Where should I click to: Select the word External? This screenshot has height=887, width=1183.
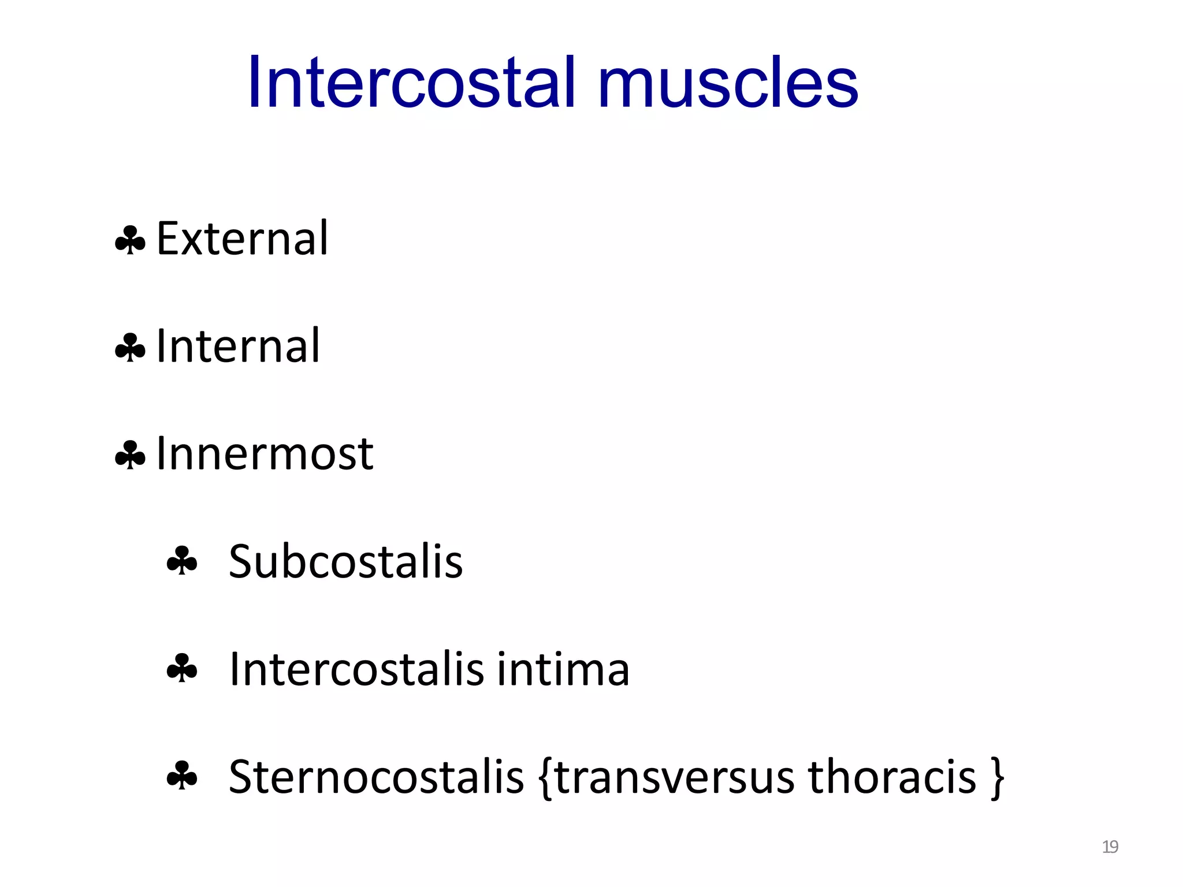click(243, 238)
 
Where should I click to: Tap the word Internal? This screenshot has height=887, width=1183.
click(238, 346)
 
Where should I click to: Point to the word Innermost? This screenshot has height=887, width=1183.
click(265, 454)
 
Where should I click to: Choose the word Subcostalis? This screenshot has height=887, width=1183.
click(345, 561)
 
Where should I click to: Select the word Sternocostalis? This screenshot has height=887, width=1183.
click(376, 777)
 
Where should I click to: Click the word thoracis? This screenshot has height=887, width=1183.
click(892, 777)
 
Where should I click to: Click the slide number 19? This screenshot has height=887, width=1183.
click(1110, 847)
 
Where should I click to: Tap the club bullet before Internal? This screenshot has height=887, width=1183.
click(130, 348)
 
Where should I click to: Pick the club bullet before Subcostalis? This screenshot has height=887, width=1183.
click(182, 561)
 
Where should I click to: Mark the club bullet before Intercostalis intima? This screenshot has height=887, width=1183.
click(182, 668)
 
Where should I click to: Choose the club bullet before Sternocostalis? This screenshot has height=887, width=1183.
click(182, 776)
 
